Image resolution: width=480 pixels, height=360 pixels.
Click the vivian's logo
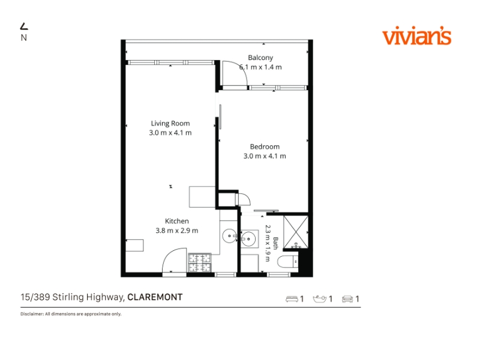click(416, 36)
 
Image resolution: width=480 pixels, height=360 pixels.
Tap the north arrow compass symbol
click(24, 27)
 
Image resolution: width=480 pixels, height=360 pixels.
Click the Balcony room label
click(260, 58)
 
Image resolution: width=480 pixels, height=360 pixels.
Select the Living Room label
click(170, 124)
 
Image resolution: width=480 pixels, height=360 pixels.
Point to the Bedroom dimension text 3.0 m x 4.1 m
click(265, 156)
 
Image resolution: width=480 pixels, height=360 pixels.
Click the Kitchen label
click(176, 221)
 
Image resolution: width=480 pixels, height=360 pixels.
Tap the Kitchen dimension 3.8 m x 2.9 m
click(176, 230)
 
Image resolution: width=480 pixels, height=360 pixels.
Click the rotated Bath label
click(275, 243)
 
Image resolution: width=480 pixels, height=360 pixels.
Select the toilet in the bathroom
click(288, 262)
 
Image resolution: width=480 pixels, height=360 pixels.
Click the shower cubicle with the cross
click(296, 232)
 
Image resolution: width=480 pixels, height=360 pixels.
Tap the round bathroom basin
click(248, 238)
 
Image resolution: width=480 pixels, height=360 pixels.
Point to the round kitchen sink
click(229, 236)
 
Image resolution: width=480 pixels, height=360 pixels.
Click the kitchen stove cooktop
click(200, 263)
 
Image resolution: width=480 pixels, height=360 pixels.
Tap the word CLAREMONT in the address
click(155, 297)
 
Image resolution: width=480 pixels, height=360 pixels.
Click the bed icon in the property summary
click(292, 299)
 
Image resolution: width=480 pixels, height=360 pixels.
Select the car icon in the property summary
click(347, 299)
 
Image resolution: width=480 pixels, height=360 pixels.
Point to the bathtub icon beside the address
click(320, 299)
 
